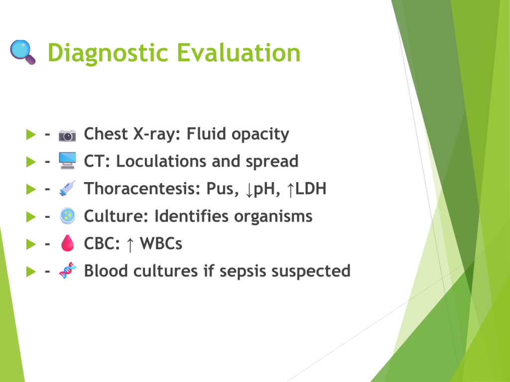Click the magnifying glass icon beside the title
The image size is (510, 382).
pos(22,52)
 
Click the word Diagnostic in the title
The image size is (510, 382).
pos(108,53)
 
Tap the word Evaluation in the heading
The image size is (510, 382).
pos(239,52)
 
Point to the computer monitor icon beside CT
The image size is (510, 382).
pos(67,161)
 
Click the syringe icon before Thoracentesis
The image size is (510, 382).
pos(67,188)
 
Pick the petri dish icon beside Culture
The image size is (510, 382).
pos(67,216)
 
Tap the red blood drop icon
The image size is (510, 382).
pos(67,243)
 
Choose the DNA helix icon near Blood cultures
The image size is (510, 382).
pos(67,270)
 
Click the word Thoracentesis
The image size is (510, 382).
pos(141,189)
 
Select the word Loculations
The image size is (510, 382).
pos(161,161)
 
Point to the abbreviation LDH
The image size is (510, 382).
pos(311,189)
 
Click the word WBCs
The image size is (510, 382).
pos(161,243)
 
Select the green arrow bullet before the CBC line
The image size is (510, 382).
pos(31,244)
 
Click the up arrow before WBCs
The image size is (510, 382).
pos(130,244)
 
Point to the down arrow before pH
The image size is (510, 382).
pos(249,190)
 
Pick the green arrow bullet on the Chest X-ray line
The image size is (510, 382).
pos(31,134)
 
